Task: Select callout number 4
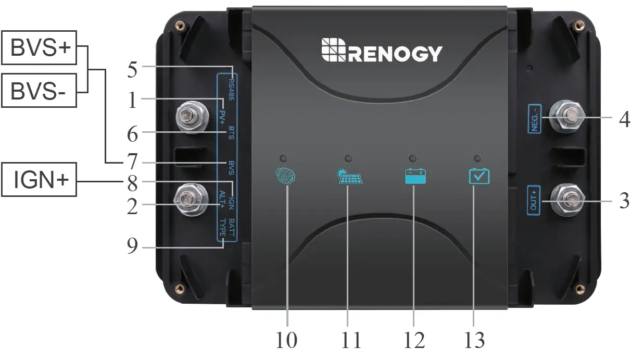[x=625, y=119]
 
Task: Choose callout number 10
[x=286, y=340]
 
